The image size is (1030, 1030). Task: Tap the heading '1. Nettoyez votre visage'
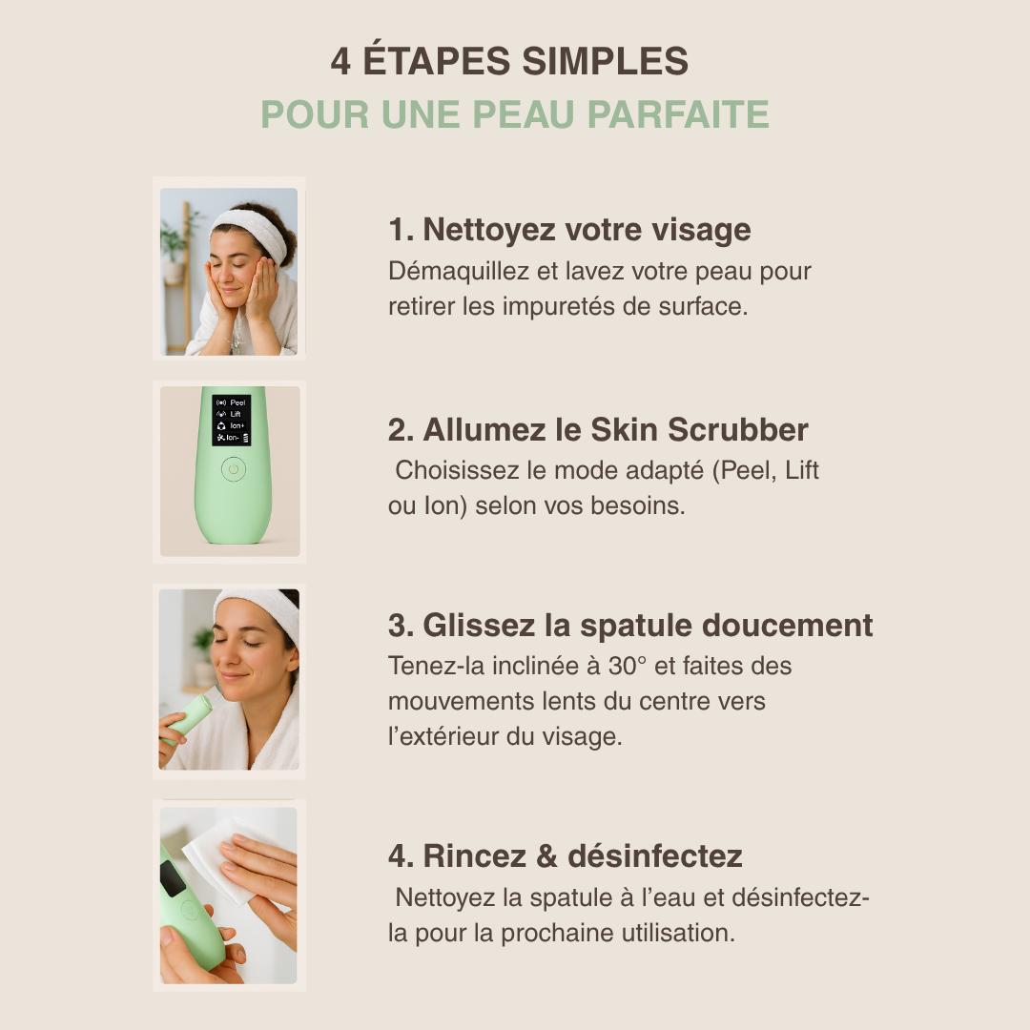(x=569, y=230)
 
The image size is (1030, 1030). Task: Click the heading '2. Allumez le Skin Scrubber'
(x=598, y=429)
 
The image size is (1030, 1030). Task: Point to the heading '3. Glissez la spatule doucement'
(x=630, y=626)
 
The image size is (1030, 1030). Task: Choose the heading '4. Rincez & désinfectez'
(x=565, y=855)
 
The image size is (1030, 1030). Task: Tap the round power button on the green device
(x=233, y=469)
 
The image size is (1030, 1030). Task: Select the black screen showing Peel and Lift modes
(x=231, y=420)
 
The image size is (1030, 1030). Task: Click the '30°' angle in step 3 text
(x=628, y=665)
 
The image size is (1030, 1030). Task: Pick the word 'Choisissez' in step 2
(x=453, y=470)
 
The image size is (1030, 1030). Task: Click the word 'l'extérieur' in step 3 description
(x=448, y=737)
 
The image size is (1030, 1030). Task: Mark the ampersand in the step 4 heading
(x=546, y=855)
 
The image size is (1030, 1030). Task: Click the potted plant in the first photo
(x=174, y=243)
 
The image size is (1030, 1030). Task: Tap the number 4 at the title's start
(x=340, y=62)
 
